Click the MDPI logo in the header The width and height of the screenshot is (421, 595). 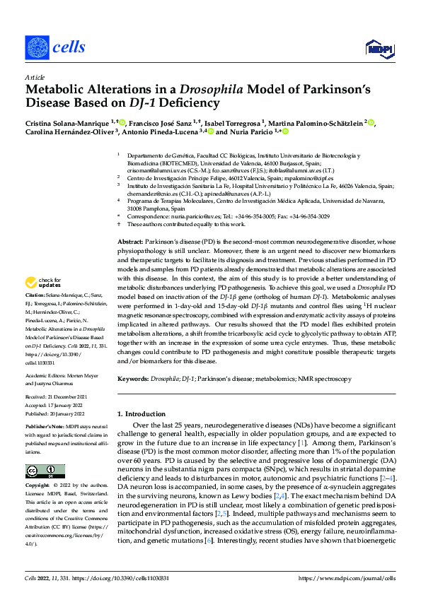[377, 48]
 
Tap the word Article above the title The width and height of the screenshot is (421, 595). [35, 77]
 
